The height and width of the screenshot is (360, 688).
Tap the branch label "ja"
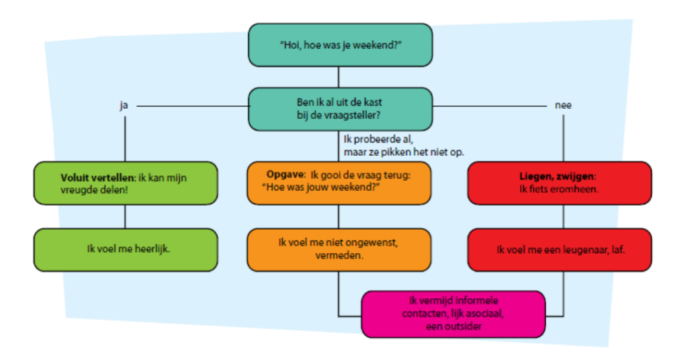pyautogui.click(x=124, y=105)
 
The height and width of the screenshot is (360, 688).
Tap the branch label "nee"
pyautogui.click(x=562, y=105)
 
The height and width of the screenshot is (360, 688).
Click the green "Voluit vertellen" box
pyautogui.click(x=126, y=183)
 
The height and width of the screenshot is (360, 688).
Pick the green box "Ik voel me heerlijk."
pyautogui.click(x=126, y=249)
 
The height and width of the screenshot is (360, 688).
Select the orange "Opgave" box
pyautogui.click(x=338, y=183)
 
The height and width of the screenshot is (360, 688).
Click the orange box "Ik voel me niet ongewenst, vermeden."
pyautogui.click(x=338, y=249)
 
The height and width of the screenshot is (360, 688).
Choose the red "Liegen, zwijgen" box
pyautogui.click(x=559, y=183)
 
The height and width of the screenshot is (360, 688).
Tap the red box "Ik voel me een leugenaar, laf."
pyautogui.click(x=559, y=249)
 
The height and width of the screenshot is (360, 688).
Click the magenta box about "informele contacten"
pyautogui.click(x=453, y=314)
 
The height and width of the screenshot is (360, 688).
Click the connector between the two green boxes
pyautogui.click(x=126, y=216)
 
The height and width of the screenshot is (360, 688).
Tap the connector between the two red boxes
pyautogui.click(x=562, y=216)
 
